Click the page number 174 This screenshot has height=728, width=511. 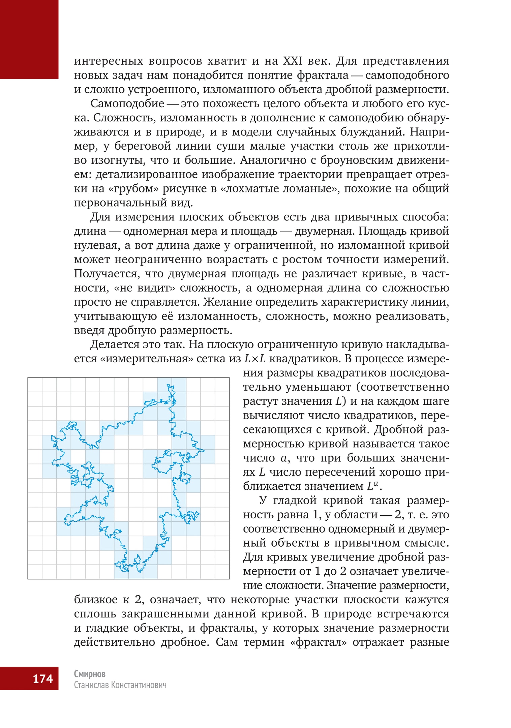point(43,678)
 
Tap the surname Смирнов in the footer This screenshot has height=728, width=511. point(90,674)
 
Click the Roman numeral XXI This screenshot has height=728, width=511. point(293,61)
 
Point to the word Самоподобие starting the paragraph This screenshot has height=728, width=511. point(127,103)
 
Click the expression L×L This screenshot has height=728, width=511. point(255,359)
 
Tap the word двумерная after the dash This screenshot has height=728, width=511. point(324,231)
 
